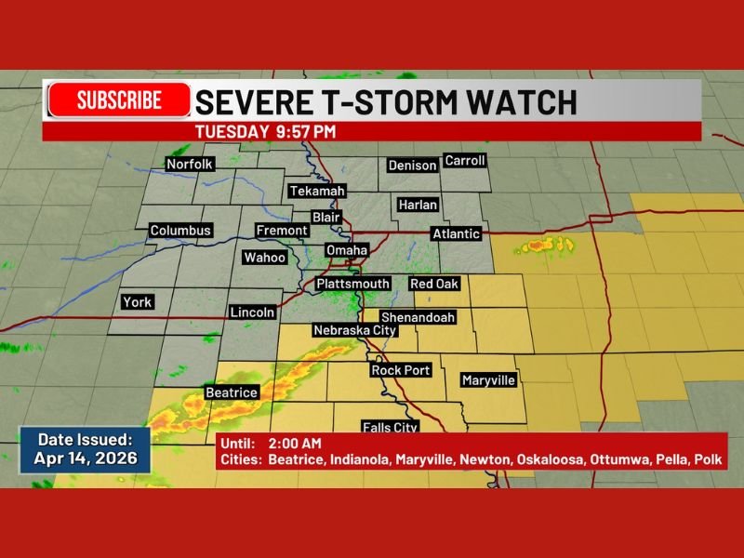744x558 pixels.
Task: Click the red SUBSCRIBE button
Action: click(119, 100)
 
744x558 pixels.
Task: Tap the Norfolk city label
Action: click(190, 165)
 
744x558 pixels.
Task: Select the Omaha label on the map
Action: click(346, 250)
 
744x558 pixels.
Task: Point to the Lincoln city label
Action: click(252, 312)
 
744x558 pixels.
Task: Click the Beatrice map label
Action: click(231, 392)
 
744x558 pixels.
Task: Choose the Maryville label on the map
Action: click(488, 380)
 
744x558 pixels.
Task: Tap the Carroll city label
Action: click(465, 161)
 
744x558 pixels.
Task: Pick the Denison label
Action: click(412, 166)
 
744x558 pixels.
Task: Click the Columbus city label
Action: click(181, 231)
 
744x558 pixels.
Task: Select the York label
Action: click(136, 302)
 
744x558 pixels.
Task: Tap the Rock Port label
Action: click(401, 370)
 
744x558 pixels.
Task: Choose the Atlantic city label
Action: click(456, 234)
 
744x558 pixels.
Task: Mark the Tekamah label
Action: click(317, 191)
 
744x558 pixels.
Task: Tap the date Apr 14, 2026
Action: click(86, 458)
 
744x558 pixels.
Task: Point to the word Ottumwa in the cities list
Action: click(592, 459)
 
